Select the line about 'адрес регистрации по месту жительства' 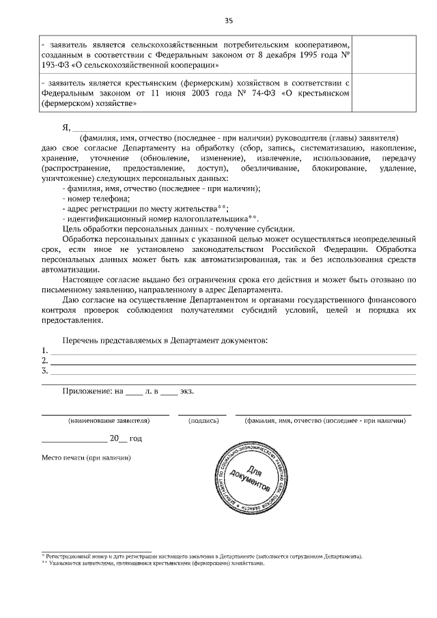145,209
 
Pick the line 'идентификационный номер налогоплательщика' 159,219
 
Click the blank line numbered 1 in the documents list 232,350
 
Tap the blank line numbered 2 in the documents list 232,361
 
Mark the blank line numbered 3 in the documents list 232,371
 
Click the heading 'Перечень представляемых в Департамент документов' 165,339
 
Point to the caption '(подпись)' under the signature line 203,421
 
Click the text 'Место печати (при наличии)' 86,457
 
